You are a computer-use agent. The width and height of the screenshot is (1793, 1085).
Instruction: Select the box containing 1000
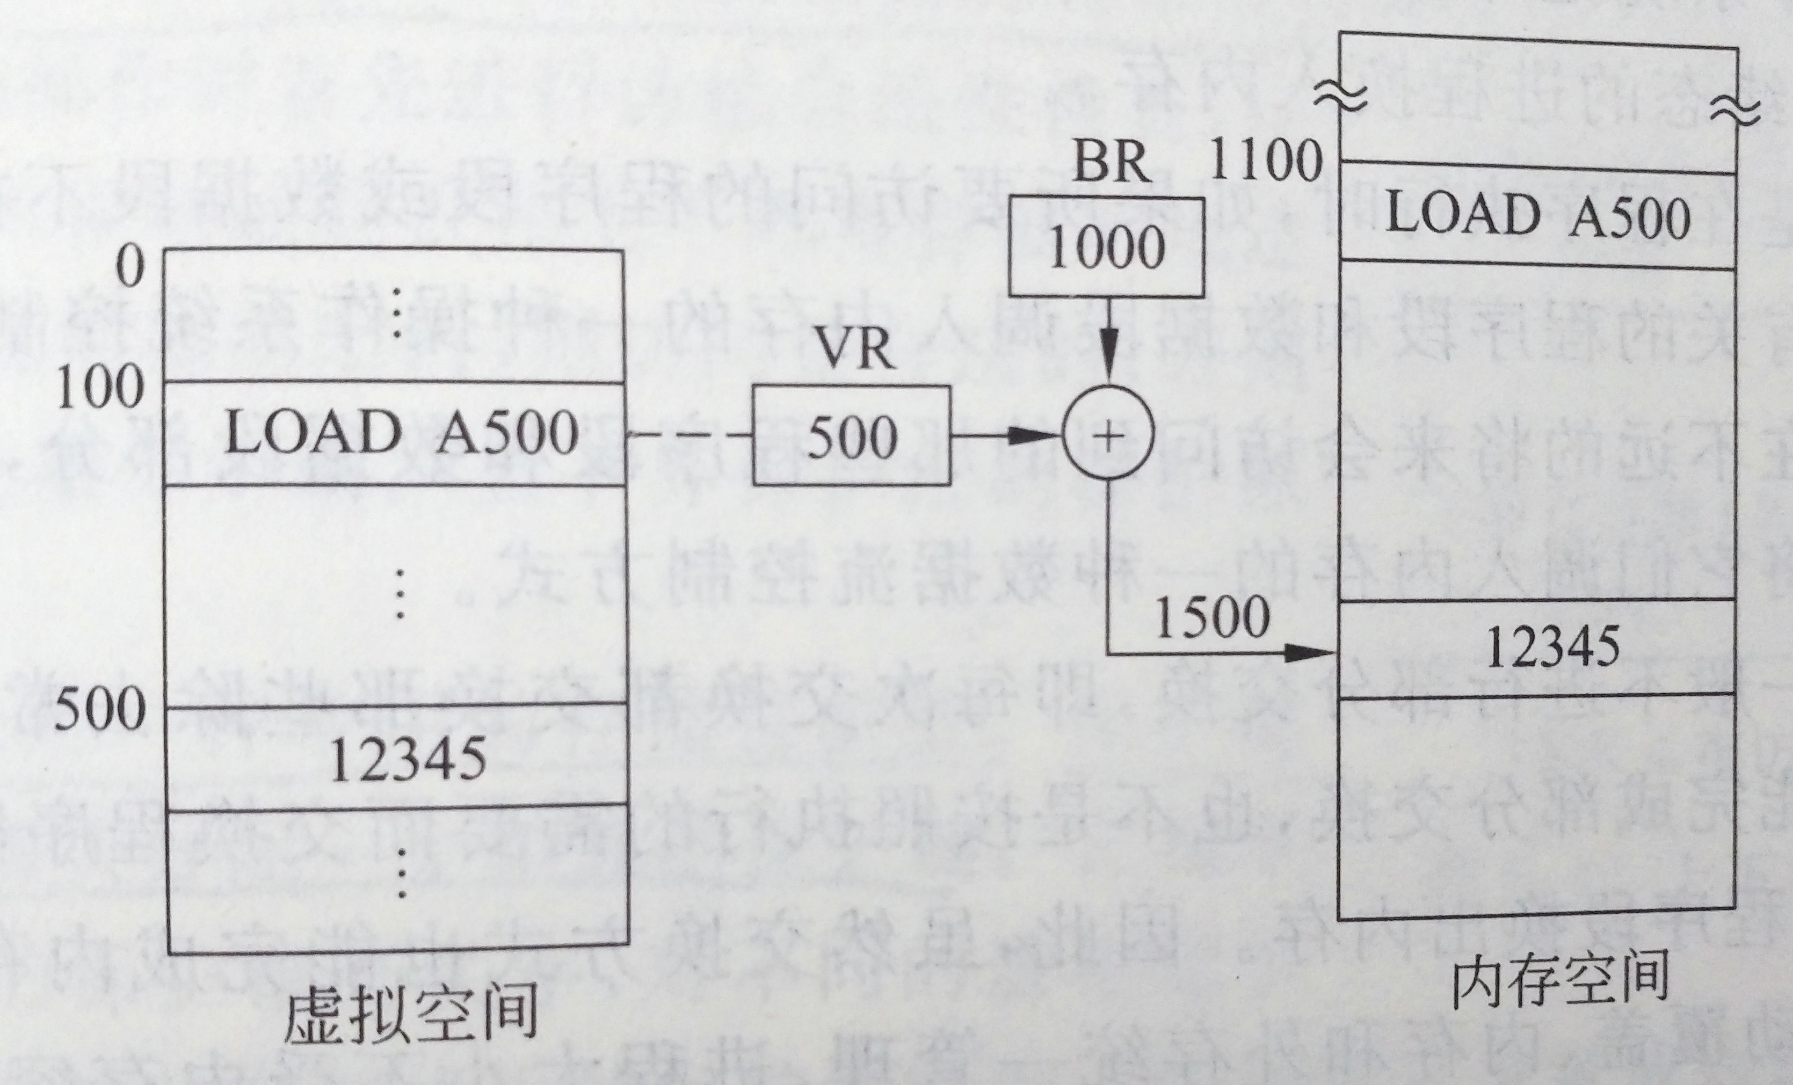[x=1105, y=248]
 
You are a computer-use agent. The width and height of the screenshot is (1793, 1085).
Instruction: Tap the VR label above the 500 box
[x=853, y=350]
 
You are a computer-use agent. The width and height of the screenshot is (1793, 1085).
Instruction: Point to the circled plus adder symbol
[x=1107, y=436]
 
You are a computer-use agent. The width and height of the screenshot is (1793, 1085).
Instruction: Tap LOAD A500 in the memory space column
[x=1537, y=216]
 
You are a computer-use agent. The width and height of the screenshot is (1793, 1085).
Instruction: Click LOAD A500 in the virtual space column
[x=402, y=434]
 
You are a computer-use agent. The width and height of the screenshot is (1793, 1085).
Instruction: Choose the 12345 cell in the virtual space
[x=408, y=758]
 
